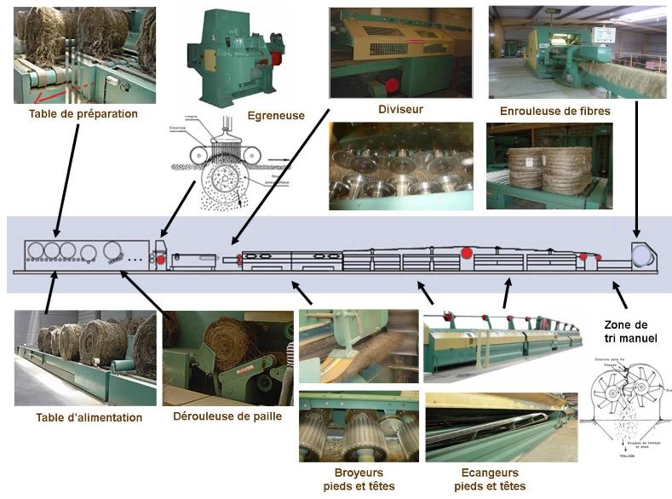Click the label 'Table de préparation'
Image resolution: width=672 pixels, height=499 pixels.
click(x=83, y=113)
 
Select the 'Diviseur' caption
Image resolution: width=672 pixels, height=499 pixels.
click(x=400, y=109)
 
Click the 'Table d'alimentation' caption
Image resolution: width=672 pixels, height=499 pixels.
click(x=89, y=417)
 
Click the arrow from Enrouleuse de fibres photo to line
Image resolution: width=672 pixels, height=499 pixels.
click(x=638, y=170)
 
